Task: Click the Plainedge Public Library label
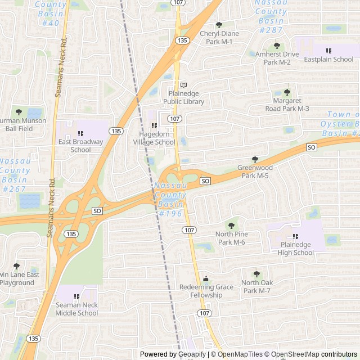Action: pyautogui.click(x=183, y=98)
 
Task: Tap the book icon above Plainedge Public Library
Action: pyautogui.click(x=183, y=85)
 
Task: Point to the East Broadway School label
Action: pyautogui.click(x=81, y=146)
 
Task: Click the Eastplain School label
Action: pyautogui.click(x=328, y=59)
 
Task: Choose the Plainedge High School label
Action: pyautogui.click(x=296, y=249)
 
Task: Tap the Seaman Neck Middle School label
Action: pyautogui.click(x=76, y=309)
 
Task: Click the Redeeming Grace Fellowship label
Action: pyautogui.click(x=206, y=291)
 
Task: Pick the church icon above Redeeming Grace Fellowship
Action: pyautogui.click(x=206, y=278)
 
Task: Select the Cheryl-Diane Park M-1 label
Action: pyautogui.click(x=219, y=37)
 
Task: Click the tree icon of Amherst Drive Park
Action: pyautogui.click(x=276, y=46)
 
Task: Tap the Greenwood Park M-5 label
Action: pyautogui.click(x=255, y=172)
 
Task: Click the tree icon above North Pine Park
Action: pyautogui.click(x=231, y=226)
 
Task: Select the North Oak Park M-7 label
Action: pyautogui.click(x=256, y=286)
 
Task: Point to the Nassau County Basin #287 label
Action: pyautogui.click(x=271, y=16)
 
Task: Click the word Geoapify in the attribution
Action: pyautogui.click(x=192, y=354)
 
